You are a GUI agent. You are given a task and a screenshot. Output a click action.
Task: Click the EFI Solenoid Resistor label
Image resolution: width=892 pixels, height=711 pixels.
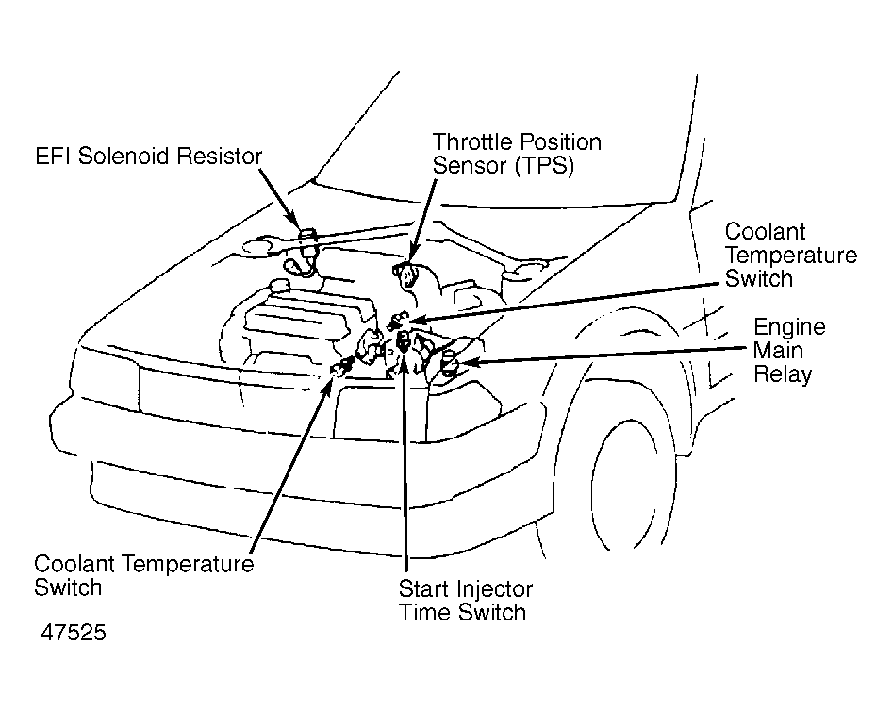(x=148, y=156)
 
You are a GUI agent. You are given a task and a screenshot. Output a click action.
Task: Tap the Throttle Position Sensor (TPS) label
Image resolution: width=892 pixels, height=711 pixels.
(x=517, y=154)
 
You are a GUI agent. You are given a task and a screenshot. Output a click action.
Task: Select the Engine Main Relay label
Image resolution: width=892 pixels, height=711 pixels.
(x=789, y=351)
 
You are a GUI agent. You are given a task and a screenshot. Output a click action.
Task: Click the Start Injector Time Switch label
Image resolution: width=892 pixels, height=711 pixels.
(x=466, y=601)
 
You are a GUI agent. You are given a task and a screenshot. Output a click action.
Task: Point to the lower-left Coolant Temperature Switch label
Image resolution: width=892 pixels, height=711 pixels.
(x=144, y=575)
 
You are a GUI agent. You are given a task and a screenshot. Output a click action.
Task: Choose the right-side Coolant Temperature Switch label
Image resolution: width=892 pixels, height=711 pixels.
(x=791, y=256)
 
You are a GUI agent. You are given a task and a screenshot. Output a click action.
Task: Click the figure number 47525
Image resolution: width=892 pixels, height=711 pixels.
(x=74, y=633)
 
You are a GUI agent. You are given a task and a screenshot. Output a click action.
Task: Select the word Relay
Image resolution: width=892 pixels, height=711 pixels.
(x=783, y=374)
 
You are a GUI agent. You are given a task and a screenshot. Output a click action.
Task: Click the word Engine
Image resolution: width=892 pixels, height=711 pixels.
(x=789, y=327)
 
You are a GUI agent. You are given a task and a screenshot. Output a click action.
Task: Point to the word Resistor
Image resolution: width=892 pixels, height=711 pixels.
(x=219, y=156)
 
